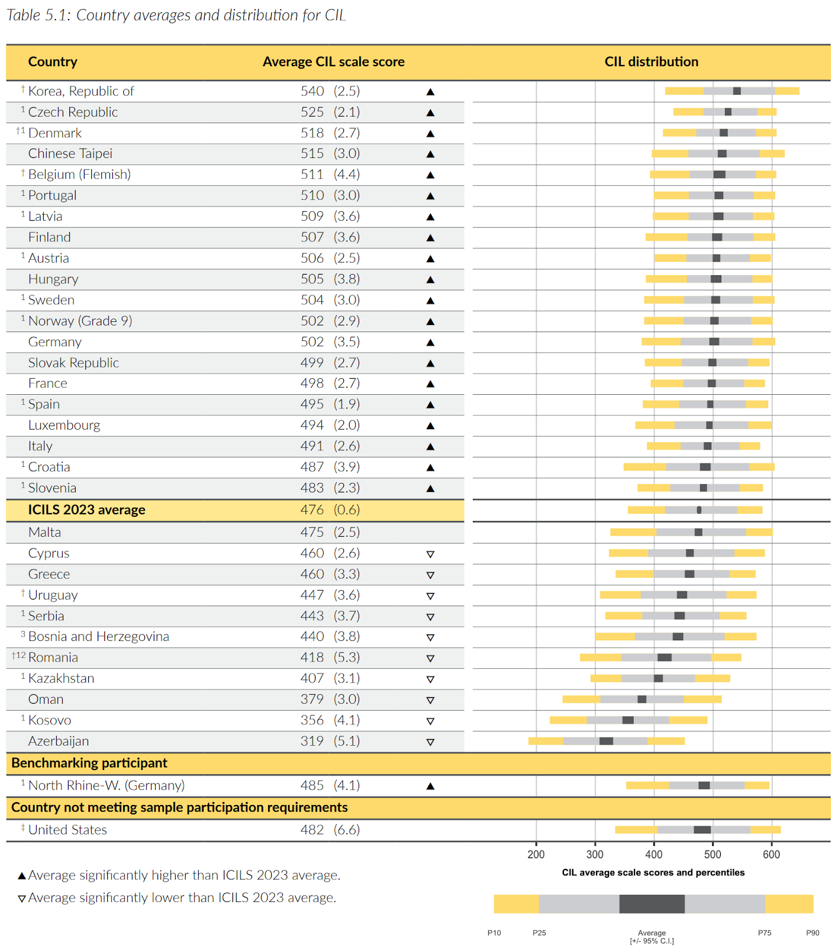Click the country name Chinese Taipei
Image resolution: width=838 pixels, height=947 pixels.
[x=70, y=154]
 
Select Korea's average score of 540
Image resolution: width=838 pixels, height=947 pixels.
[x=312, y=91]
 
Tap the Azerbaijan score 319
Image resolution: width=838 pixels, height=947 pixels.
[x=312, y=741]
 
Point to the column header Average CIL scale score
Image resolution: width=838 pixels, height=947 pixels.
[x=333, y=62]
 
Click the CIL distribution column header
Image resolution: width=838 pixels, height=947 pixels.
[x=651, y=62]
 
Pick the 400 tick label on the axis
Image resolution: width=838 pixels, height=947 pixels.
[x=653, y=854]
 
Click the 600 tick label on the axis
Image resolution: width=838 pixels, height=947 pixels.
[x=771, y=854]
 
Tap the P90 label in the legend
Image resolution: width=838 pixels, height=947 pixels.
[x=813, y=933]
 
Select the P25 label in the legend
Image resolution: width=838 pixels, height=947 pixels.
[x=539, y=933]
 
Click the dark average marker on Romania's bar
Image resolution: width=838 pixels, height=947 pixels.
[x=665, y=658]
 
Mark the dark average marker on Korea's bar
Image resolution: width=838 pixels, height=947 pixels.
[x=737, y=91]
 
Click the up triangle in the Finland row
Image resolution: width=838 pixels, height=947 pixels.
[x=430, y=238]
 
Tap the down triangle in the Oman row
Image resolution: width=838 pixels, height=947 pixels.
[x=430, y=700]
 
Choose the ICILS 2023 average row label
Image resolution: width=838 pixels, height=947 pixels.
[x=86, y=510]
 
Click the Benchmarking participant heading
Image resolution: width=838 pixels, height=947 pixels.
[x=89, y=763]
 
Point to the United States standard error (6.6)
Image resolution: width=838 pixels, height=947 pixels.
[x=347, y=830]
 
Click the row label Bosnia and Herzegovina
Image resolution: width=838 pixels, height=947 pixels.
[x=98, y=637]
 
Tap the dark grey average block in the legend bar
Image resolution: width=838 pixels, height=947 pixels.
[x=652, y=904]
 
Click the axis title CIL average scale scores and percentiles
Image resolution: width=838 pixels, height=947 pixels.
[x=653, y=872]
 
